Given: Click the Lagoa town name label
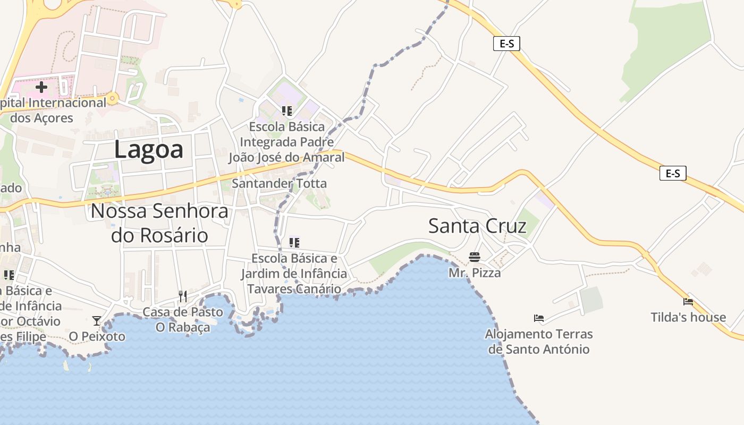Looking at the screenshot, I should (149, 149).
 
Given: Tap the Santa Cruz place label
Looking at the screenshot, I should (477, 226).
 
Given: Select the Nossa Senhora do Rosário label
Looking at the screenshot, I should (159, 223).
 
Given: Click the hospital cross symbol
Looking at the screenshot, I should (41, 87).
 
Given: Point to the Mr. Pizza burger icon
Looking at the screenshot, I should (475, 258).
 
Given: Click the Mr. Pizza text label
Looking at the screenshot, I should (475, 273).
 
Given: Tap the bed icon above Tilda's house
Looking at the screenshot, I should (688, 302).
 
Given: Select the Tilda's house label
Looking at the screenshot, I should (688, 318).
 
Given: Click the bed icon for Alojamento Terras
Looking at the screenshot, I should (539, 319).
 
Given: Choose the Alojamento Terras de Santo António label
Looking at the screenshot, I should (539, 342).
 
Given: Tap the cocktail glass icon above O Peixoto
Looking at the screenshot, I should (97, 321).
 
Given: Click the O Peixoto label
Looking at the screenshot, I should (97, 336).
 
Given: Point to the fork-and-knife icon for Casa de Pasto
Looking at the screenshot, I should (182, 296).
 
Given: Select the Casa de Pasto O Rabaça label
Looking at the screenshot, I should (182, 319).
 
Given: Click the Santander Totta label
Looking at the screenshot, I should (279, 184).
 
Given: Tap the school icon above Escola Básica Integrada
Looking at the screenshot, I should (287, 111).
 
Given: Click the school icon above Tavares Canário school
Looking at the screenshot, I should (294, 243).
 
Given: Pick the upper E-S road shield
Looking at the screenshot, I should (506, 44).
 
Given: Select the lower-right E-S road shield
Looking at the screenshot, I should (673, 173).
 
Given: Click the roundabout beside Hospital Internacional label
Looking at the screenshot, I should (112, 98).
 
